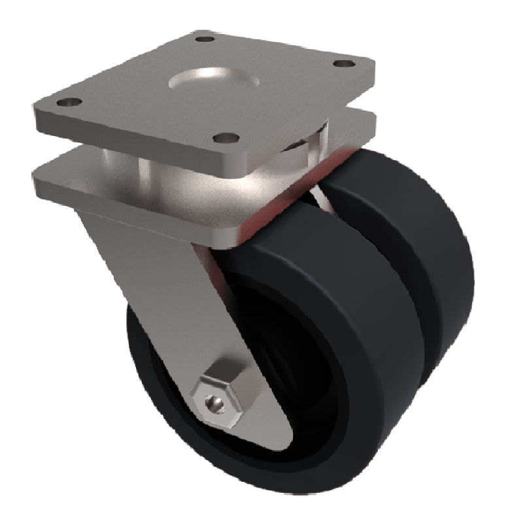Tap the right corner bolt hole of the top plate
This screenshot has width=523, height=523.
pos(341,64)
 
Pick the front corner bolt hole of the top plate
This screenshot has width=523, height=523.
pos(226,138)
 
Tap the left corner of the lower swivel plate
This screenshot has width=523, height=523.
pos(41,171)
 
